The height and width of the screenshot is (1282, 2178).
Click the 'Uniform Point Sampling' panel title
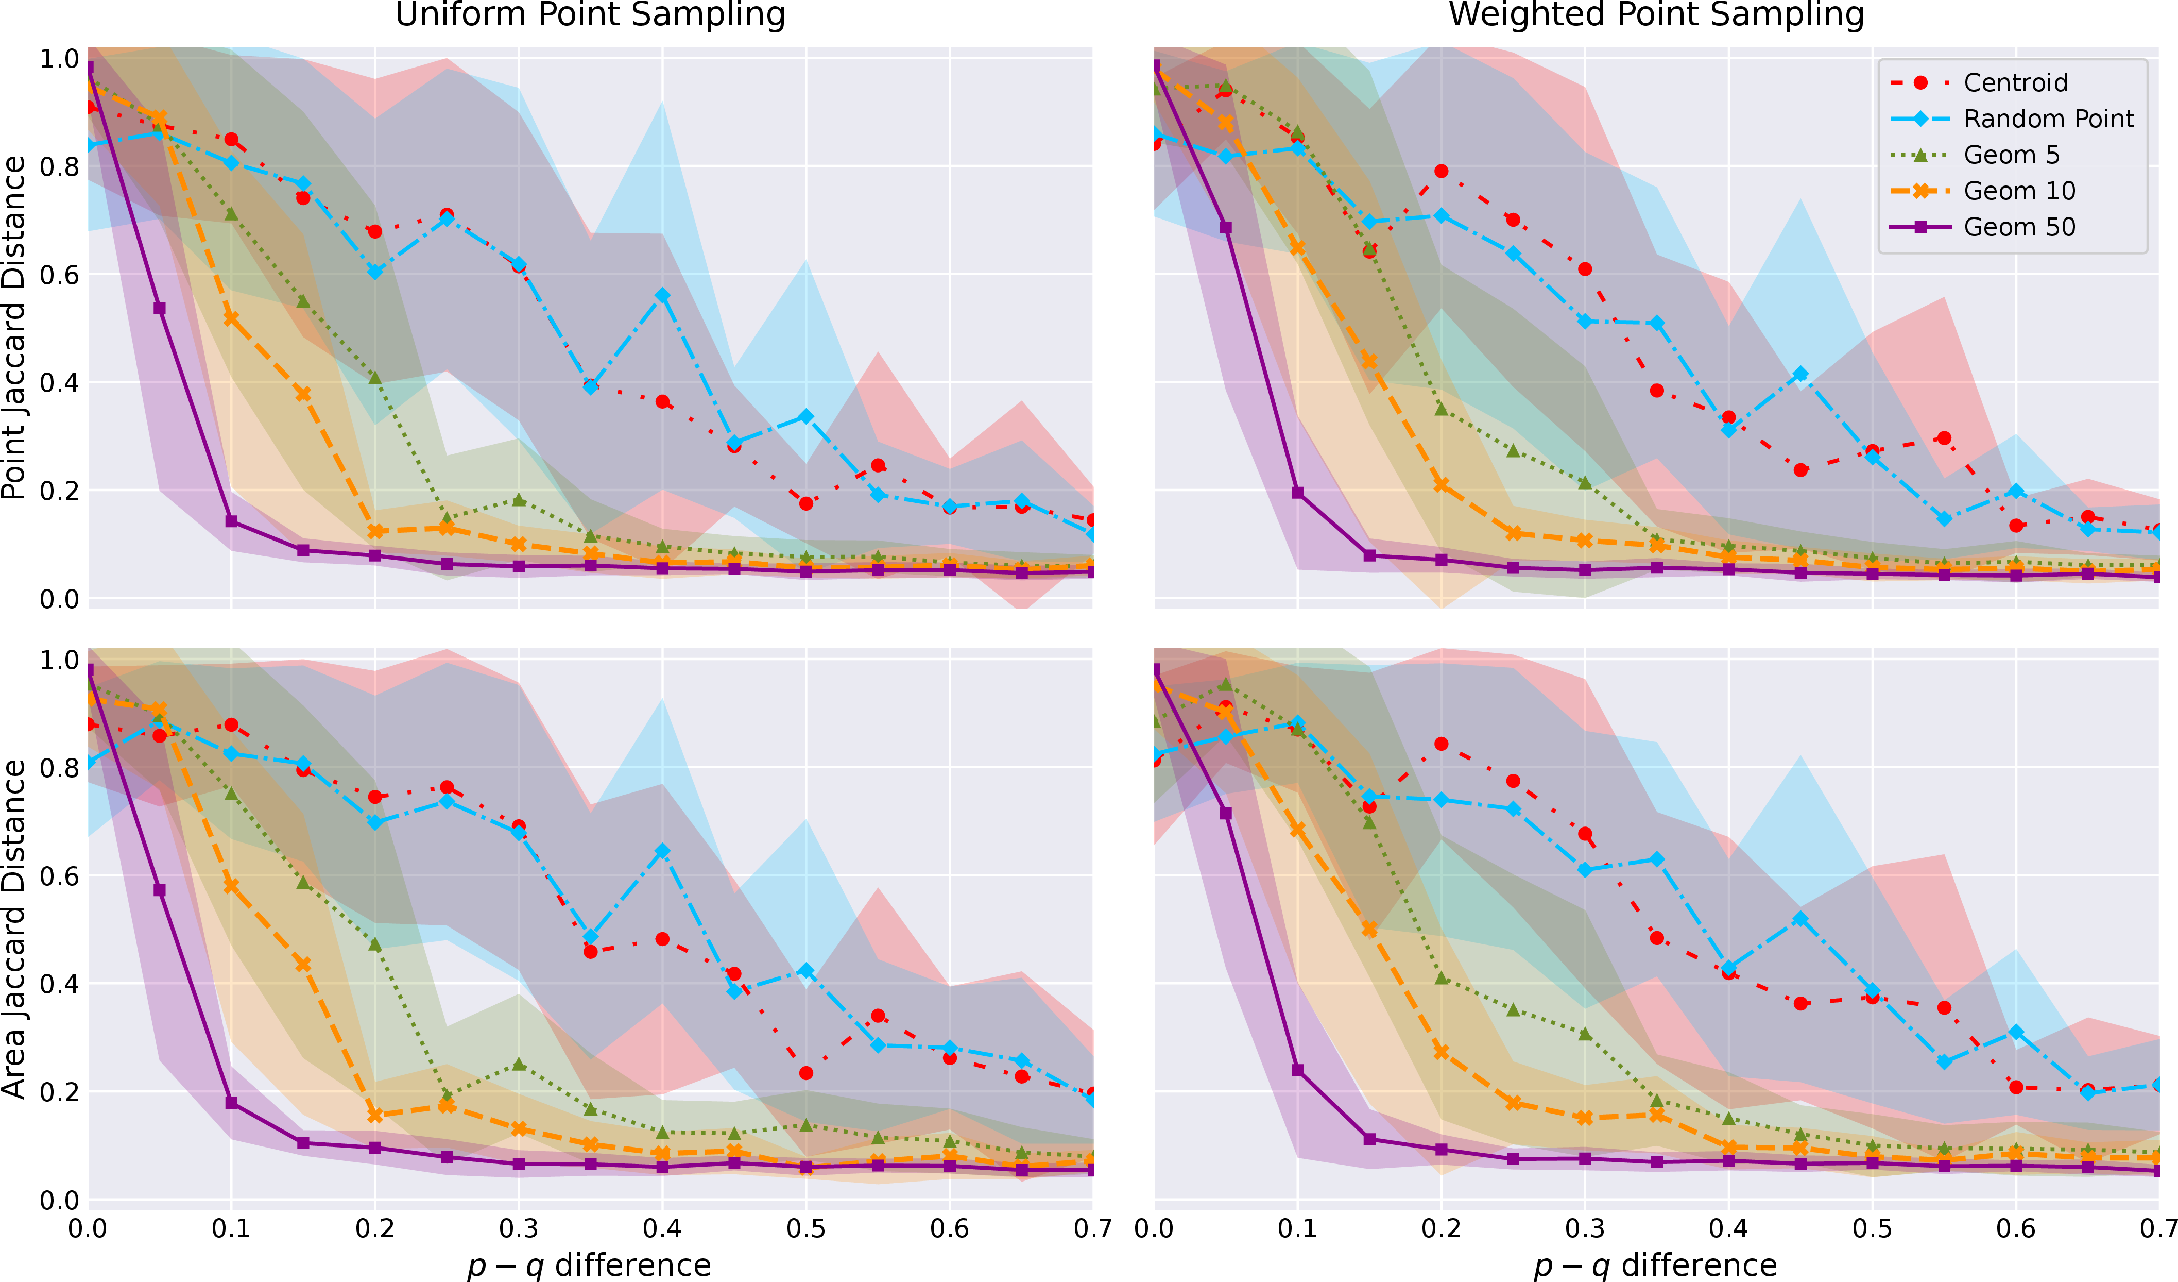click(590, 15)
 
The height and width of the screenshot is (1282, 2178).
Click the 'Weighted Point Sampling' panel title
click(1657, 15)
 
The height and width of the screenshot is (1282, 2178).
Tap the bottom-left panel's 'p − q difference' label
click(590, 1266)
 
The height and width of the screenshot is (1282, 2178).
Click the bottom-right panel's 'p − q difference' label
click(1656, 1266)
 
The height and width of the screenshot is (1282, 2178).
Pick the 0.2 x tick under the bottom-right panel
click(1441, 1228)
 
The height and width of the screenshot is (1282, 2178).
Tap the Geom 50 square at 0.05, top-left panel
click(159, 309)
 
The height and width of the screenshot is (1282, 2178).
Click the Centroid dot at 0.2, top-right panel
click(1441, 171)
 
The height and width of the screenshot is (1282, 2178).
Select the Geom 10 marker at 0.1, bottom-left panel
click(231, 886)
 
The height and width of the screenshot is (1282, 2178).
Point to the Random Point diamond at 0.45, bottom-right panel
click(1800, 919)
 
